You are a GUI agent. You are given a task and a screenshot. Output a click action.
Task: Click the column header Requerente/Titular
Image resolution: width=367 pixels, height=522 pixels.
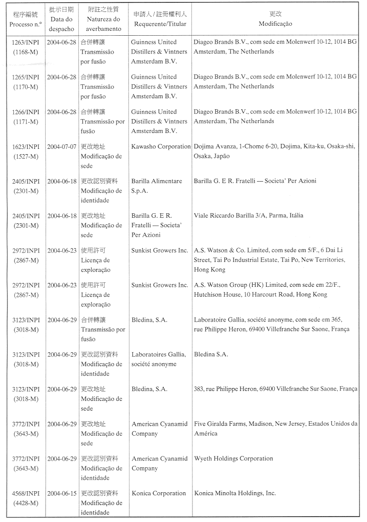pyautogui.click(x=160, y=23)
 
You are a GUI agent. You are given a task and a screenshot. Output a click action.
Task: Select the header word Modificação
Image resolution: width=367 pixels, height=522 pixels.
pyautogui.click(x=275, y=23)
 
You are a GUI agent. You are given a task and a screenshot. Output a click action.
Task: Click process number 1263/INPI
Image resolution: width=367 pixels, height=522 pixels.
pyautogui.click(x=25, y=42)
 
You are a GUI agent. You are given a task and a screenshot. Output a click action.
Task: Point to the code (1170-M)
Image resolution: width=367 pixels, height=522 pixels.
pyautogui.click(x=25, y=86)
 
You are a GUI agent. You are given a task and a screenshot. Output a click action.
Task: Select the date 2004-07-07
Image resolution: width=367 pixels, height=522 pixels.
pyautogui.click(x=61, y=146)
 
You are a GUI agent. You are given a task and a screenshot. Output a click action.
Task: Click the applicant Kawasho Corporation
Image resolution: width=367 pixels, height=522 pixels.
pyautogui.click(x=161, y=146)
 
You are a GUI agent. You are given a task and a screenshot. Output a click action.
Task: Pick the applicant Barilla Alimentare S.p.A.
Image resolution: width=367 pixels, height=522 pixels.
pyautogui.click(x=156, y=186)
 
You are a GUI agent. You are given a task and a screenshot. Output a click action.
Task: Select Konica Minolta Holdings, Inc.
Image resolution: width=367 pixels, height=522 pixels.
pyautogui.click(x=235, y=493)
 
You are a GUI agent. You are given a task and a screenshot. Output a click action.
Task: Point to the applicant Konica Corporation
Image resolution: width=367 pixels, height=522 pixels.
pyautogui.click(x=158, y=493)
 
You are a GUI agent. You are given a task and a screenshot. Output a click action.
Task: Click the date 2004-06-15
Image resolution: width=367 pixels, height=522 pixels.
pyautogui.click(x=61, y=493)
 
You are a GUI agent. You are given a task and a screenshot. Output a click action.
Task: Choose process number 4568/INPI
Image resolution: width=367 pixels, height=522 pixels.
pyautogui.click(x=25, y=493)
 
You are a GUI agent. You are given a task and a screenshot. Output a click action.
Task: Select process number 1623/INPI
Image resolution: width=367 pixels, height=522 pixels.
pyautogui.click(x=25, y=146)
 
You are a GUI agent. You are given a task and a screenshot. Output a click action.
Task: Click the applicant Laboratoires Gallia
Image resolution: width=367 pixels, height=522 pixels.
pyautogui.click(x=158, y=354)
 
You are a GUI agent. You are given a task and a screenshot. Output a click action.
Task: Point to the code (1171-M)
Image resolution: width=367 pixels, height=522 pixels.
pyautogui.click(x=25, y=121)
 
